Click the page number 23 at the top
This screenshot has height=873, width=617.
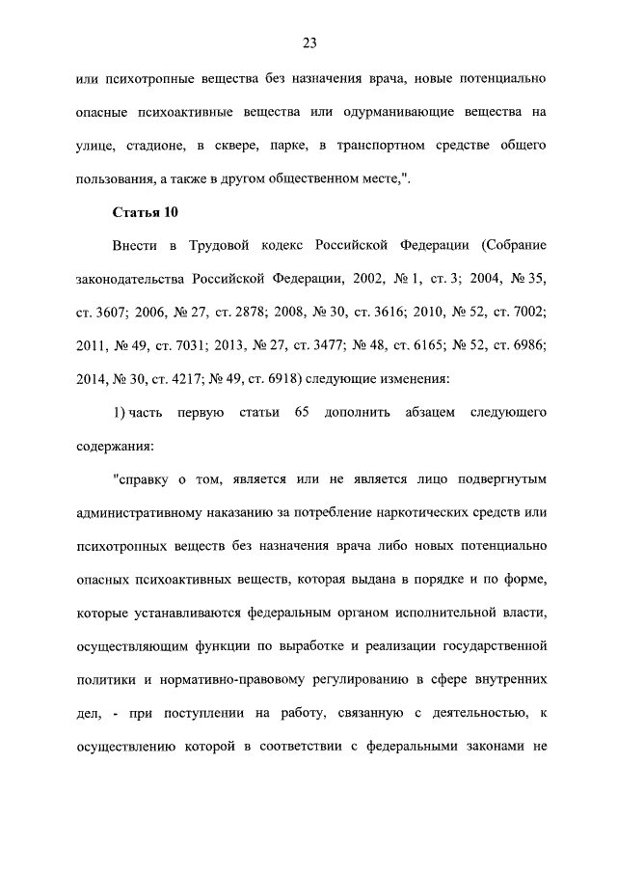pyautogui.click(x=309, y=42)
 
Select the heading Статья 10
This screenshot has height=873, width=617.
pyautogui.click(x=146, y=211)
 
